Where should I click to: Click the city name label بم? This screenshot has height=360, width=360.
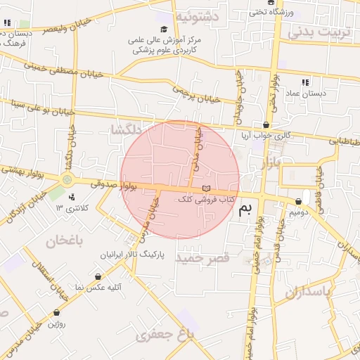[245, 208]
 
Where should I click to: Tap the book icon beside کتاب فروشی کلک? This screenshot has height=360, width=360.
[205, 188]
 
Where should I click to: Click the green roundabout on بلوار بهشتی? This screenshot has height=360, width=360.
[68, 179]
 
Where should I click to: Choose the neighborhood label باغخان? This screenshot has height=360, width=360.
[65, 242]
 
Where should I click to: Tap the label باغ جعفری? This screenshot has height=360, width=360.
[165, 335]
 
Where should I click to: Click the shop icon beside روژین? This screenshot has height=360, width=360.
[56, 312]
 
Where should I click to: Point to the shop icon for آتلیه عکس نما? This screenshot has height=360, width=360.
[97, 277]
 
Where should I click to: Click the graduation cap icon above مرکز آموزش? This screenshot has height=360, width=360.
[165, 30]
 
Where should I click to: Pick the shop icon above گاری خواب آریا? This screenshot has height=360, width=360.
[265, 124]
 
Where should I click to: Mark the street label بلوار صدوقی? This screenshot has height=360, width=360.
[112, 184]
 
